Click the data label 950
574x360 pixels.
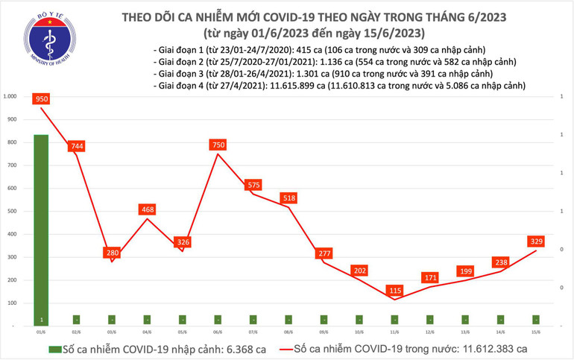tap(41, 98)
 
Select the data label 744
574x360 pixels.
tap(76, 146)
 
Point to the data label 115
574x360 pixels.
tap(394, 290)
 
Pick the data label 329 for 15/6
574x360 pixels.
tap(536, 241)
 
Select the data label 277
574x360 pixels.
tap(324, 253)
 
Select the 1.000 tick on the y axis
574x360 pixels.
tap(10, 96)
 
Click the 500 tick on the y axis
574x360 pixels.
tap(10, 212)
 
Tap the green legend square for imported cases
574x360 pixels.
tap(54, 348)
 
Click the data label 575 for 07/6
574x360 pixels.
tap(253, 185)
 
